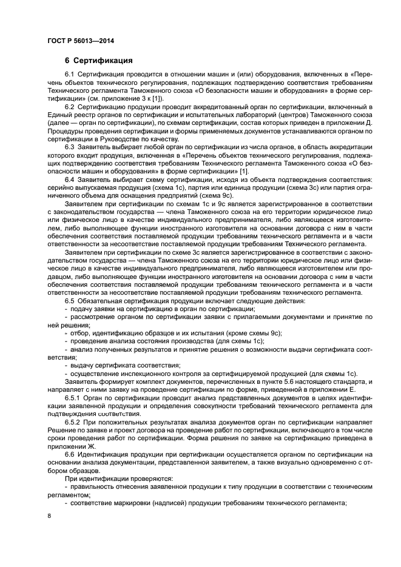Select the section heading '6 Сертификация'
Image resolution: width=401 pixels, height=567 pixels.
coord(99,61)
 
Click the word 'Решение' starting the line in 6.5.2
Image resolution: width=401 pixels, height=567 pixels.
coord(60,430)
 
